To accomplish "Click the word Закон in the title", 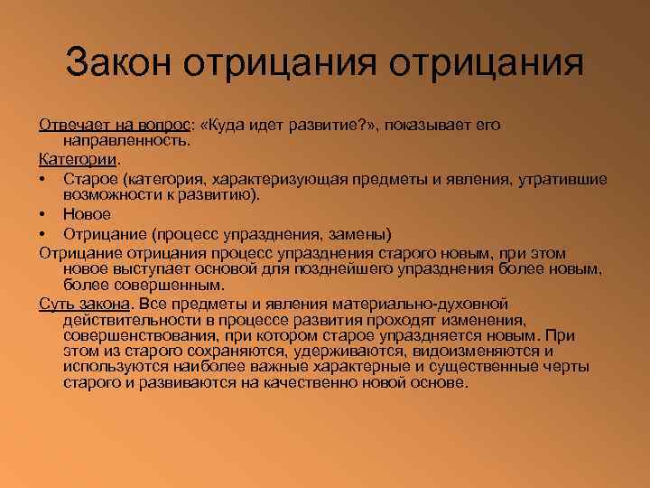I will pyautogui.click(x=121, y=64).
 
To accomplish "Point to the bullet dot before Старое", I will pyautogui.click(x=43, y=178).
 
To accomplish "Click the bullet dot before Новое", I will pyautogui.click(x=43, y=214).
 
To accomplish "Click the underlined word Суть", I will pyautogui.click(x=55, y=303).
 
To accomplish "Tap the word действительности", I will pyautogui.click(x=127, y=320).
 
